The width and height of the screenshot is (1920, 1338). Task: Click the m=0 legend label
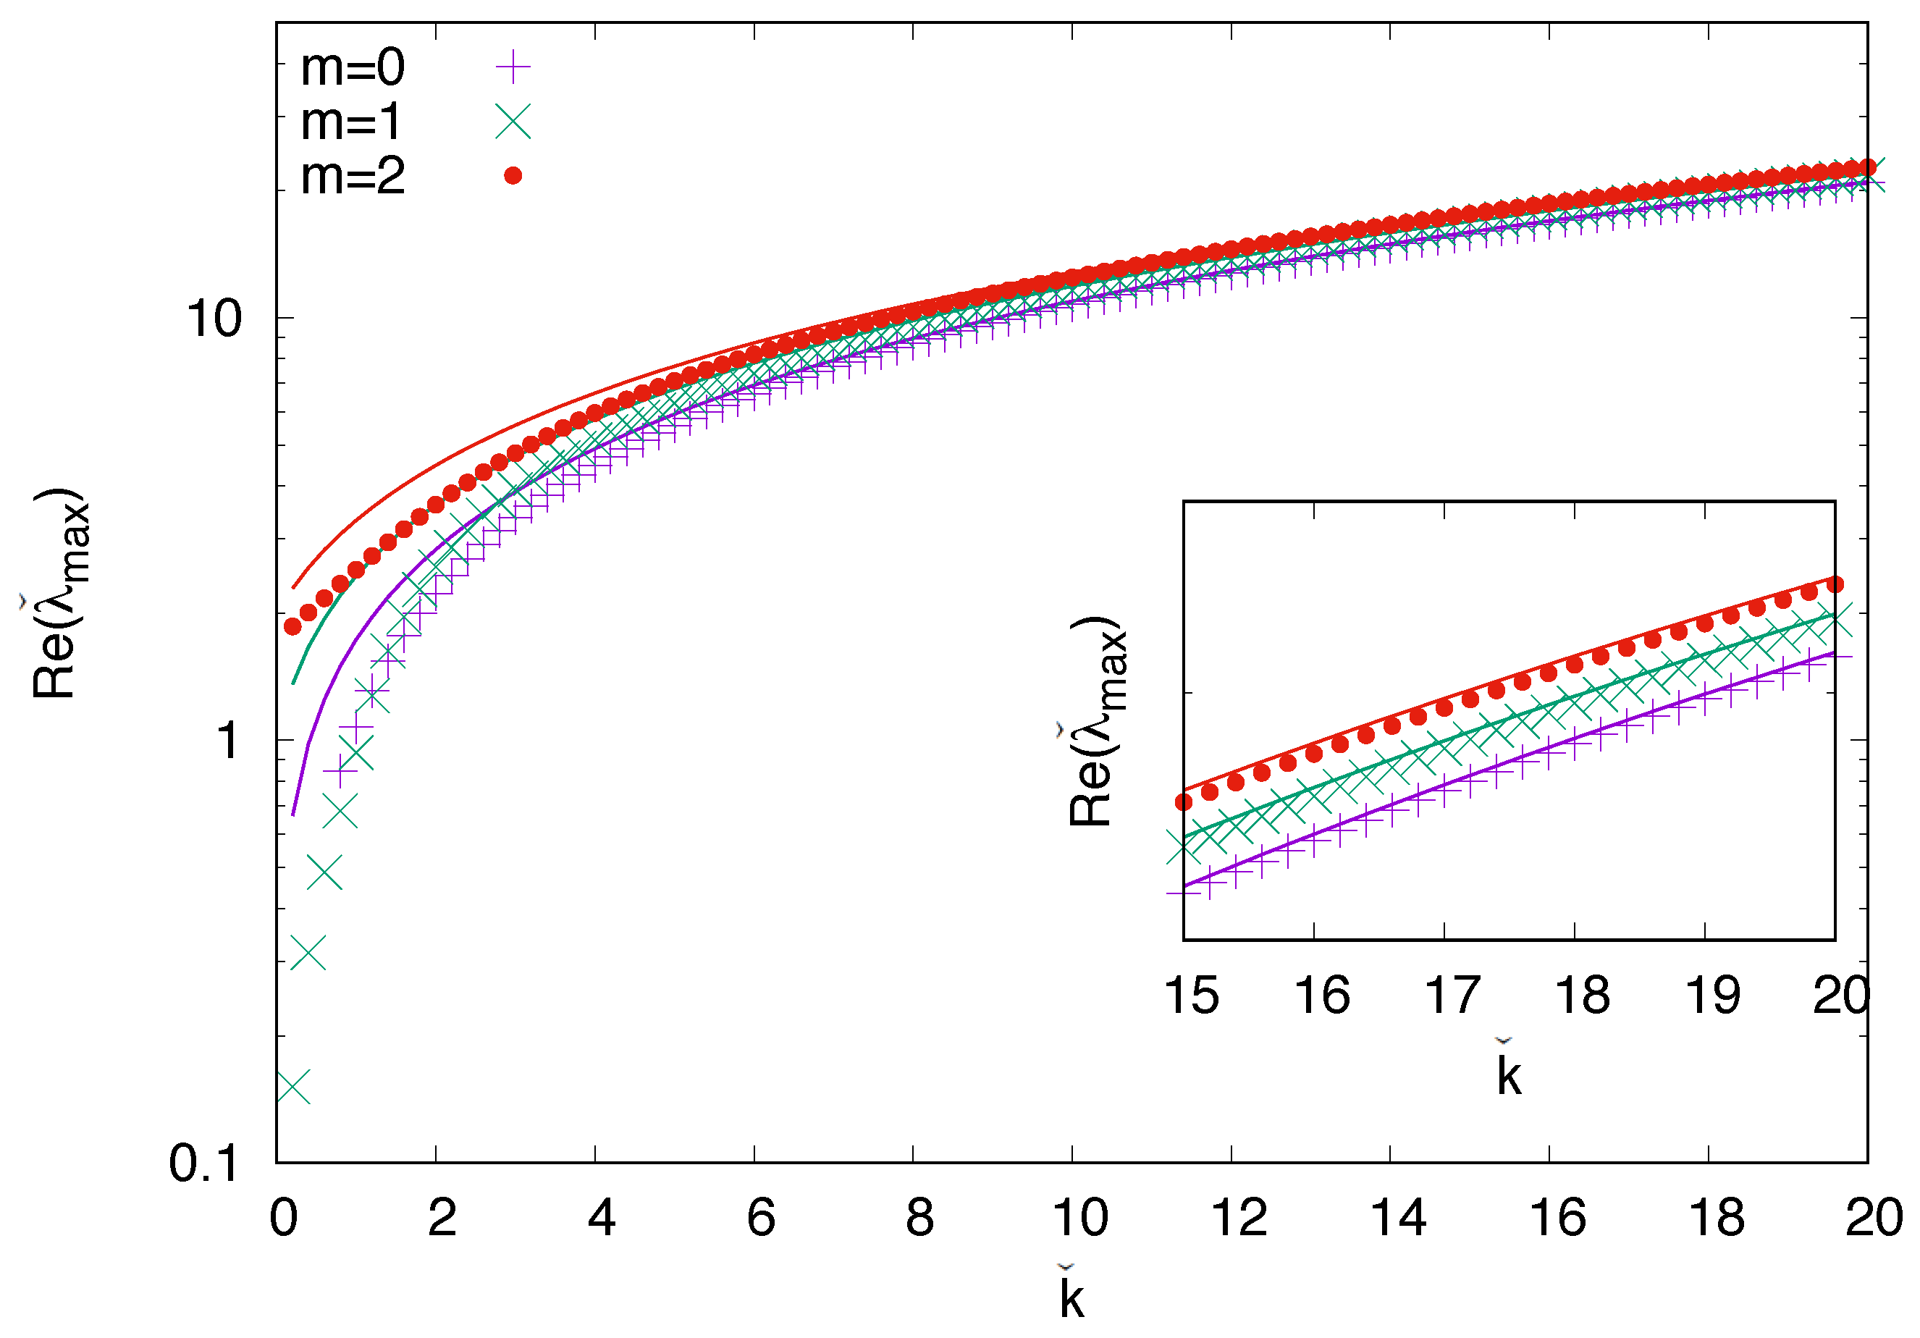pos(352,68)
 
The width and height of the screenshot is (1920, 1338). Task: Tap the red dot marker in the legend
pos(513,176)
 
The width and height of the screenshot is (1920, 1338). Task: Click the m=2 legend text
pos(352,177)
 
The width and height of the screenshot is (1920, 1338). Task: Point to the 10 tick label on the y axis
pos(214,319)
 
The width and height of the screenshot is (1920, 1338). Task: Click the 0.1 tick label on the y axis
pos(203,1164)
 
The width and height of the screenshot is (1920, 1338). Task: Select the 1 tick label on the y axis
pos(227,741)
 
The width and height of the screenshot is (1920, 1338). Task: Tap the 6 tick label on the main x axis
pos(760,1218)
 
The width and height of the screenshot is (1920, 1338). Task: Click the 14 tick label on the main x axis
pos(1397,1218)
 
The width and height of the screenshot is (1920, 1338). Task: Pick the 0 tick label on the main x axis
pos(284,1218)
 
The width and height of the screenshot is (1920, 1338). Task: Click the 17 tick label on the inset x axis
pos(1452,995)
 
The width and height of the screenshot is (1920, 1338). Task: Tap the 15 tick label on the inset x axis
pos(1191,995)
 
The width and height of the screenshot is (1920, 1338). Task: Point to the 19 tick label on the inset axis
pos(1711,995)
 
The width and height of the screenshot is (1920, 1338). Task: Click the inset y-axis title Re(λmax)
pos(1095,722)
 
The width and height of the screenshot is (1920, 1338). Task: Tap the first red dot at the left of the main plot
pos(292,626)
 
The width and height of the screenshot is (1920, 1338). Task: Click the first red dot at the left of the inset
pos(1183,802)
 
